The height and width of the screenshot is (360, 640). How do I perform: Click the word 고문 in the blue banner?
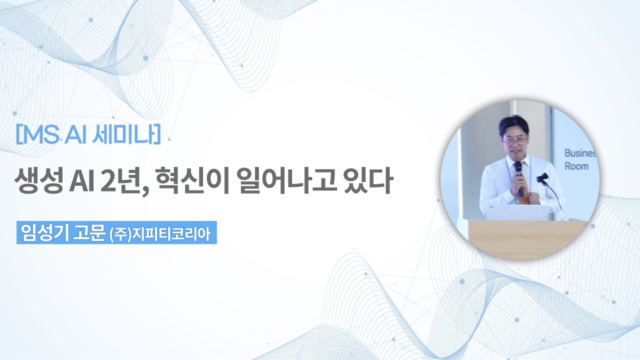tap(89, 233)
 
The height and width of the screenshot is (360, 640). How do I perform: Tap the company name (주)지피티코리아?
tap(160, 234)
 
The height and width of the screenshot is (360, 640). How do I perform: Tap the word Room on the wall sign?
tap(576, 166)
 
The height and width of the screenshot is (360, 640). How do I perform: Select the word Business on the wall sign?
tap(580, 153)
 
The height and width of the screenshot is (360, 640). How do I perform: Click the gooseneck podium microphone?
tap(548, 188)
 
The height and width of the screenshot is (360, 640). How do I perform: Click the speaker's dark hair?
tap(513, 124)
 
